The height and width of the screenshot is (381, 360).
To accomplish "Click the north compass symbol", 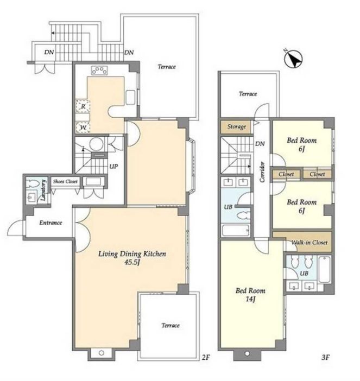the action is pyautogui.click(x=293, y=59).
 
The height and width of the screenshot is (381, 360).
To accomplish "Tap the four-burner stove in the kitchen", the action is pyautogui.click(x=99, y=71).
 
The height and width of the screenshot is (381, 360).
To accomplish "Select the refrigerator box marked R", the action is pyautogui.click(x=83, y=106).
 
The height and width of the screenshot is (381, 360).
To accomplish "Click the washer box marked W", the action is pyautogui.click(x=83, y=128).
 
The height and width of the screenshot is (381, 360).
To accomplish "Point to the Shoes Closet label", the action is pyautogui.click(x=65, y=181).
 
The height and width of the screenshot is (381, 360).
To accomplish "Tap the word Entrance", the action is pyautogui.click(x=50, y=223).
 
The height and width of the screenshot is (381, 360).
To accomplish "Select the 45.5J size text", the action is pyautogui.click(x=132, y=263).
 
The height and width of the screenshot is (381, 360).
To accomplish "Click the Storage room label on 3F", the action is pyautogui.click(x=237, y=126).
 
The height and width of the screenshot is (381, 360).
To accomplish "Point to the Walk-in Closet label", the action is pyautogui.click(x=309, y=242).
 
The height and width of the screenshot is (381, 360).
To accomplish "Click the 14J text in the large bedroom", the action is pyautogui.click(x=250, y=299).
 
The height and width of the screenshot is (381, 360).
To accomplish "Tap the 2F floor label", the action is pyautogui.click(x=205, y=358).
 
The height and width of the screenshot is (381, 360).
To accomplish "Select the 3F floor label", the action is pyautogui.click(x=325, y=358).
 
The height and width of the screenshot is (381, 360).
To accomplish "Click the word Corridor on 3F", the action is pyautogui.click(x=262, y=172).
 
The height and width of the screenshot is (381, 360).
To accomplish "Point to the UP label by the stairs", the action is pyautogui.click(x=113, y=167).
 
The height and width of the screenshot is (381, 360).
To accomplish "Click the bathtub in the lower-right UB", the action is pyautogui.click(x=324, y=270).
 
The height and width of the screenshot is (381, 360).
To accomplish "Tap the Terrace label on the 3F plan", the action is pyautogui.click(x=248, y=94).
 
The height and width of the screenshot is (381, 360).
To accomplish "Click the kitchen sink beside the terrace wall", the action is pyautogui.click(x=130, y=98).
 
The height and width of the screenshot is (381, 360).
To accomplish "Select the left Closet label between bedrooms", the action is pyautogui.click(x=286, y=174).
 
